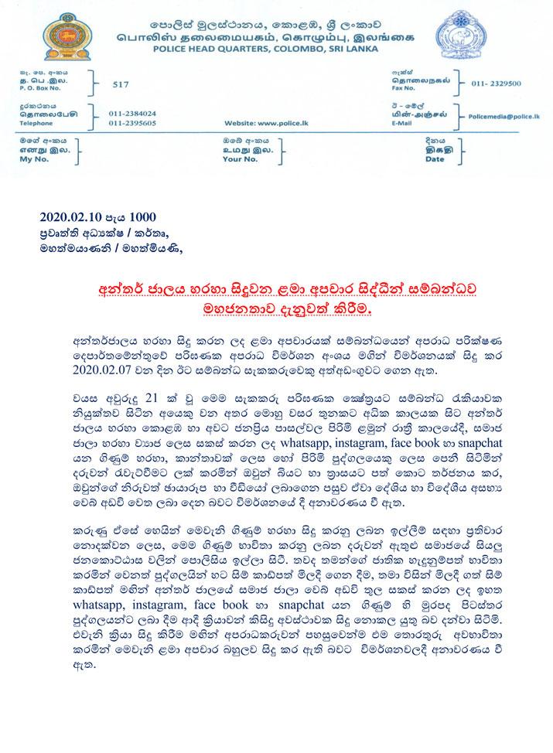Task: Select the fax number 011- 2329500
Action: point(502,80)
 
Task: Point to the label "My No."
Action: point(29,158)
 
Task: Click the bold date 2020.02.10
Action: point(73,217)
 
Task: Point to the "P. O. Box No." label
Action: point(36,88)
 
